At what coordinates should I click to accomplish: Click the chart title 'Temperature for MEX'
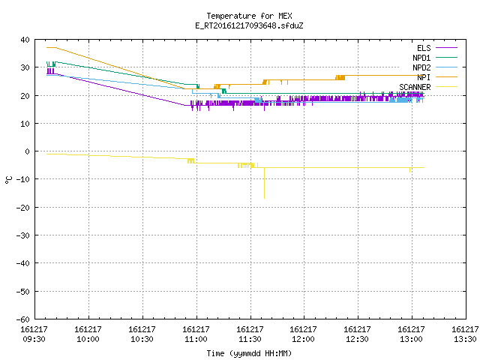point(249,16)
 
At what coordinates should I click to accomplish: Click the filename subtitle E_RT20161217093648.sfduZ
point(249,25)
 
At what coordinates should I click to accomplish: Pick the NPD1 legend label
point(421,58)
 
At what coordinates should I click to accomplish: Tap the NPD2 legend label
point(421,67)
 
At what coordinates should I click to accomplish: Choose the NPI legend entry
point(424,77)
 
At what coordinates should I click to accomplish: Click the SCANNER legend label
point(415,87)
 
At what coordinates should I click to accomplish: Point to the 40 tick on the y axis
point(25,40)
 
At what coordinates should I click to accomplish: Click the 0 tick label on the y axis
point(28,151)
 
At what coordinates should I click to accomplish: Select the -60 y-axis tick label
point(23,319)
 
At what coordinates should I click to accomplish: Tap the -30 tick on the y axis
point(23,235)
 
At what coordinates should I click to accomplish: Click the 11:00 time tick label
point(196,339)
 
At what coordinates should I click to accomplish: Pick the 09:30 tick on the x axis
point(34,339)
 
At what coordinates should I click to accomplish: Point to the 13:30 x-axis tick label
point(465,339)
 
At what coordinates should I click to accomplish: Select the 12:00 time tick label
point(303,339)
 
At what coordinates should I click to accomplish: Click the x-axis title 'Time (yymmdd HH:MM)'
point(249,353)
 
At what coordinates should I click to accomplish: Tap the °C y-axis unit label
point(9,180)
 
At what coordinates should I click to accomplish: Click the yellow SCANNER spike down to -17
point(265,183)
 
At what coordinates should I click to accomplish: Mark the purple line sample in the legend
point(446,48)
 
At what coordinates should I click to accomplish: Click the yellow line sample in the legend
point(446,87)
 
